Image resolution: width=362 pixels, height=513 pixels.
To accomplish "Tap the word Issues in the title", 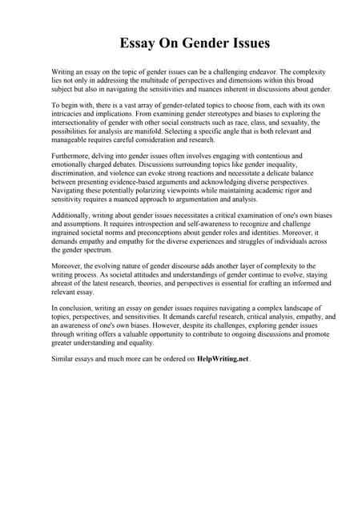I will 247,42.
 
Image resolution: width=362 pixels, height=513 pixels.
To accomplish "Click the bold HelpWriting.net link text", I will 222,358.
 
